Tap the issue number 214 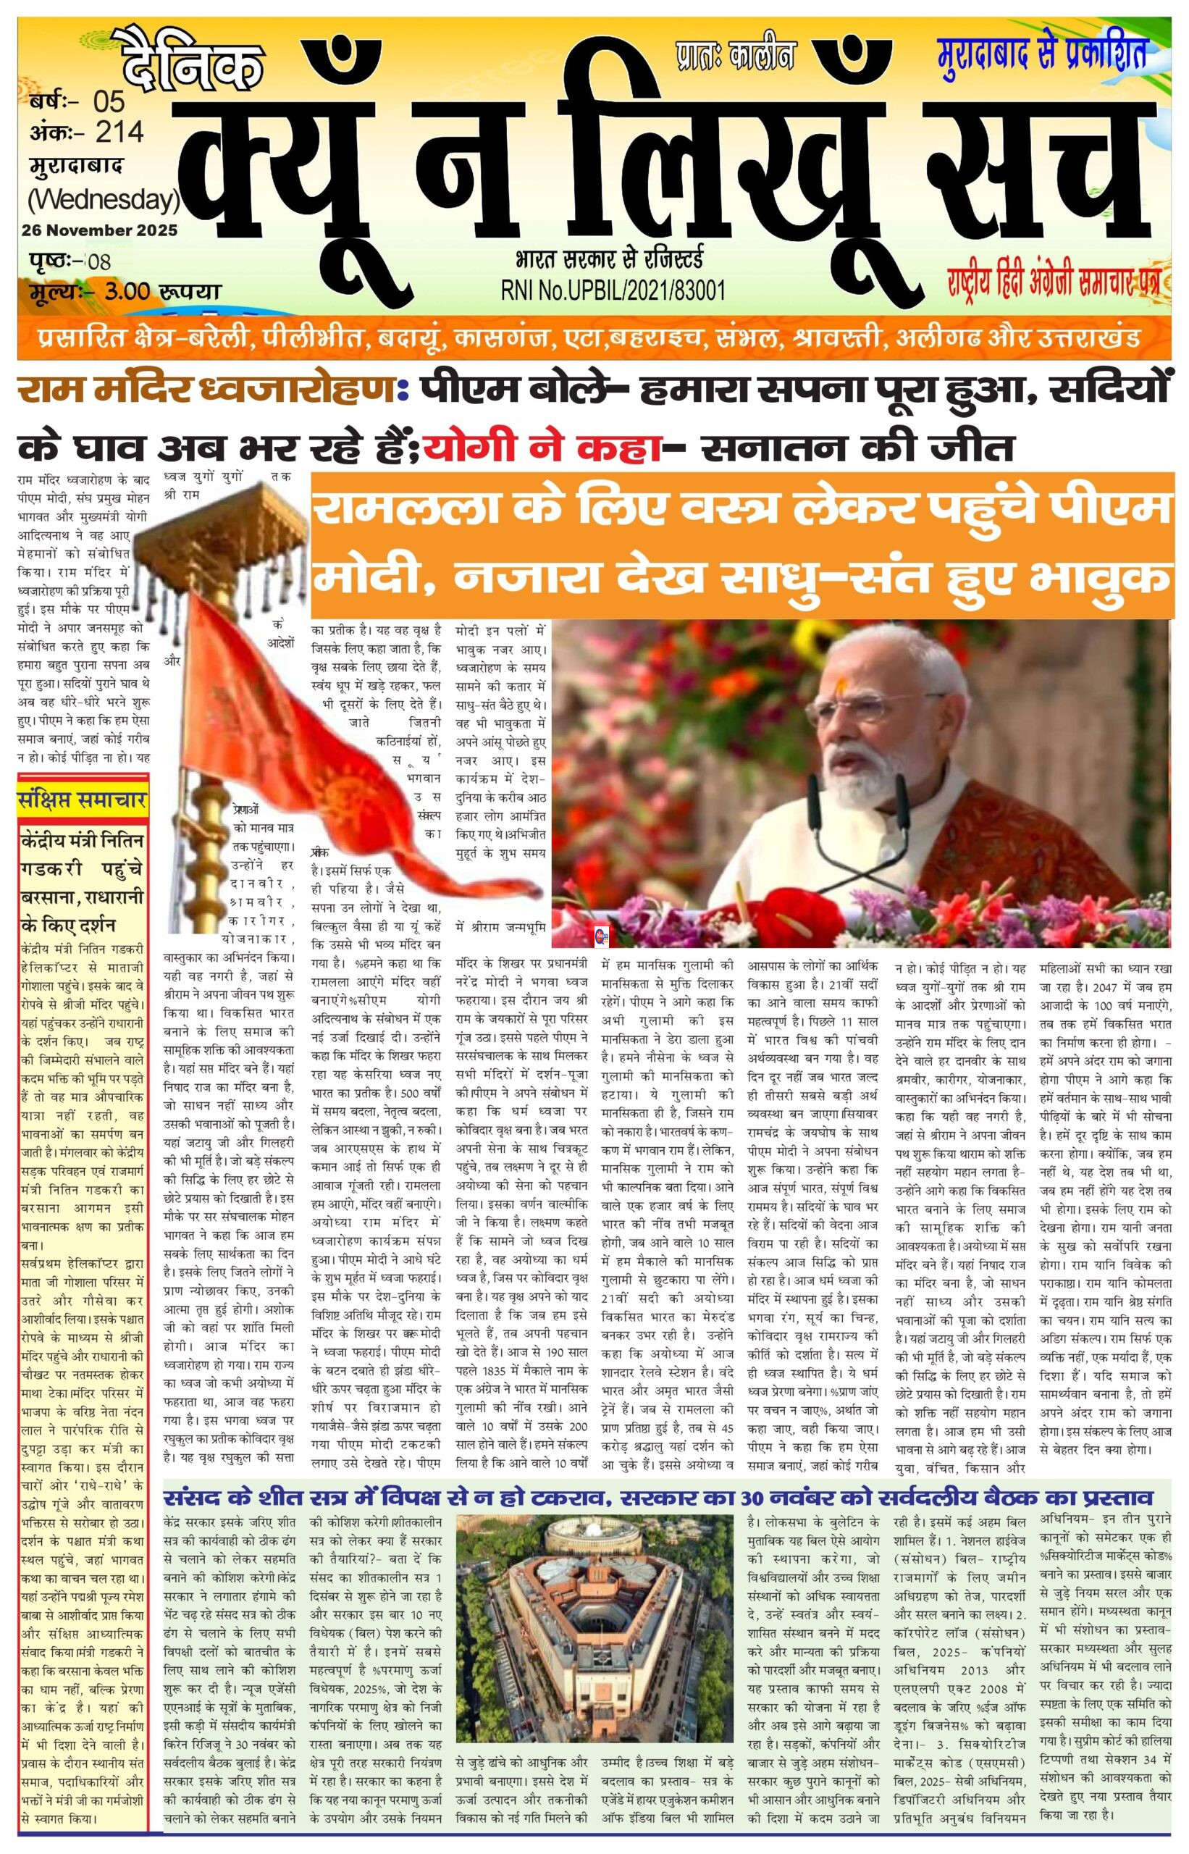pos(119,133)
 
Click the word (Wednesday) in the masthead pos(104,199)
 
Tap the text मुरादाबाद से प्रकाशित pos(1041,53)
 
